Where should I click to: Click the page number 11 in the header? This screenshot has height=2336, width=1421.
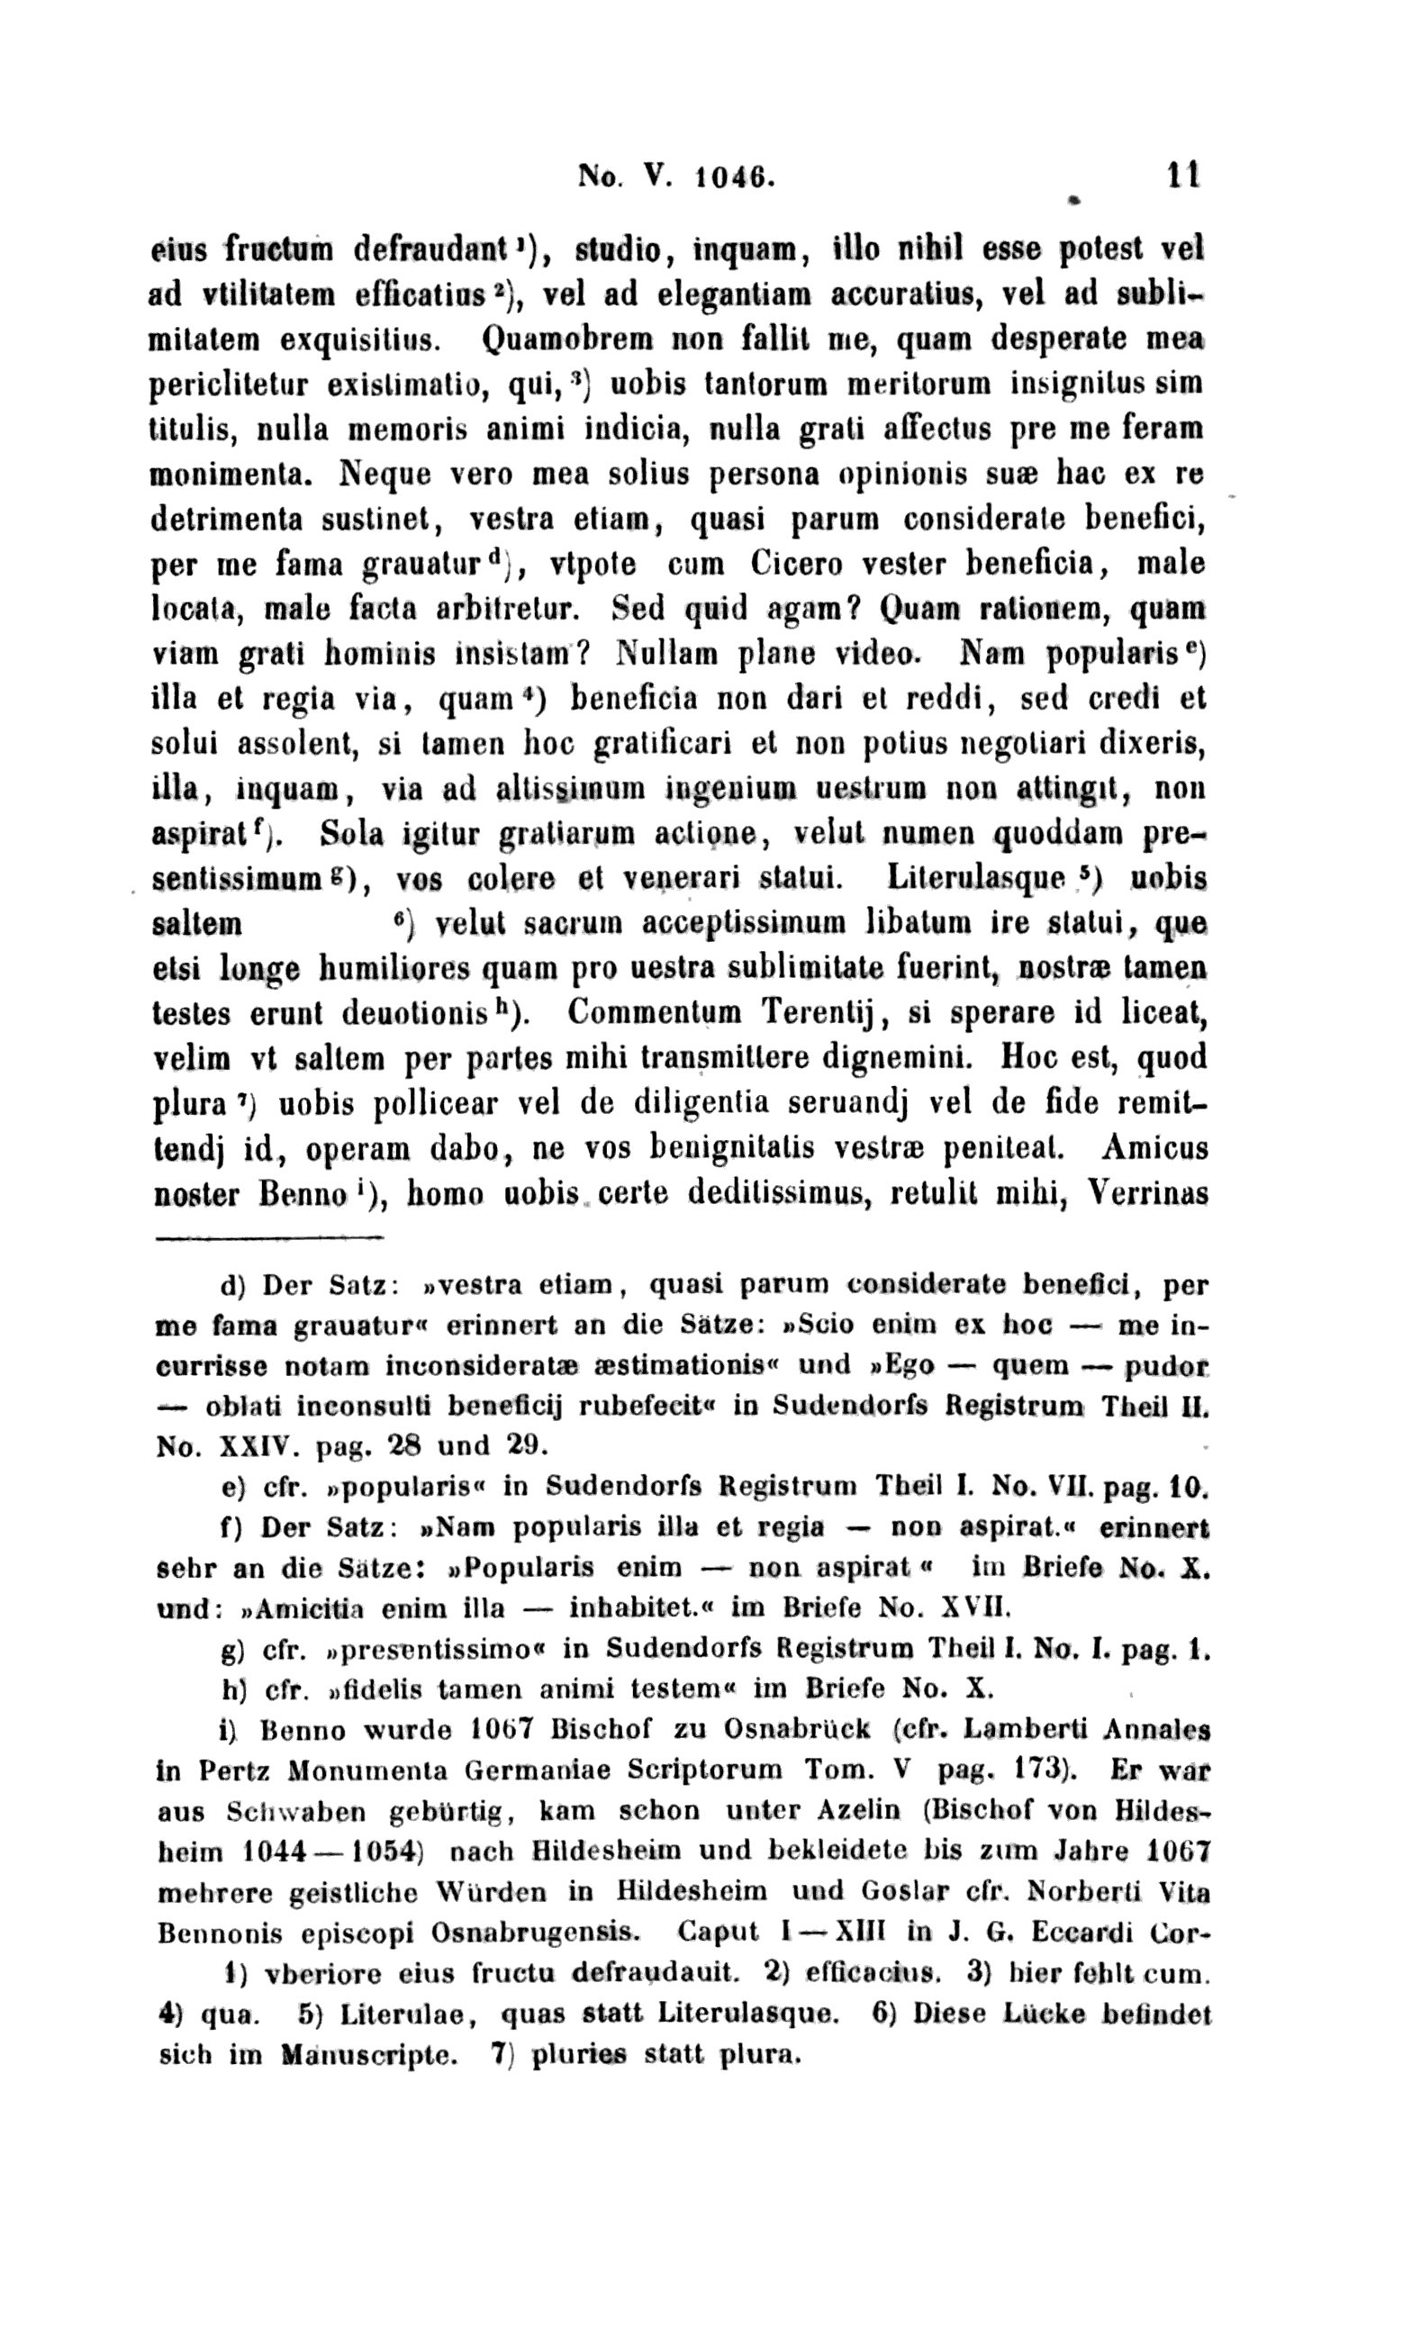click(x=1184, y=176)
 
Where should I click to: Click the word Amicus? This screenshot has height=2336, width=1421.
click(x=1155, y=1148)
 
